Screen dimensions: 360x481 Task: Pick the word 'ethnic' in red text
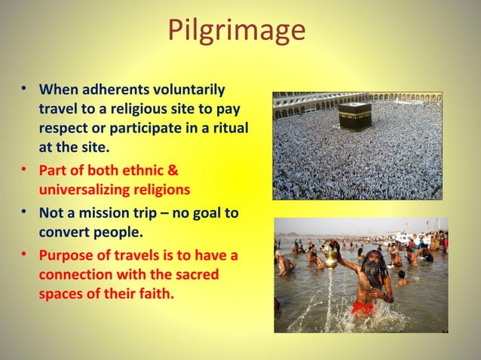click(148, 172)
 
